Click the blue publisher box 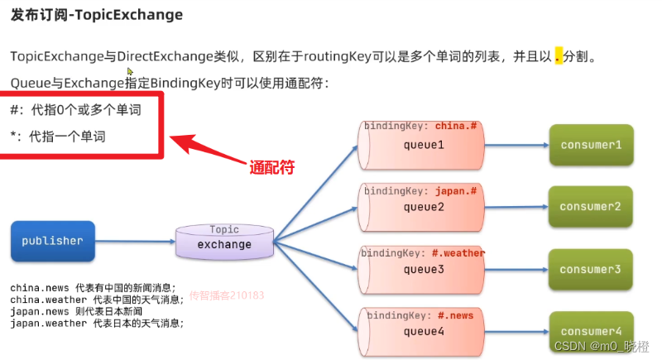pyautogui.click(x=52, y=241)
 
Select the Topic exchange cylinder pyautogui.click(x=224, y=243)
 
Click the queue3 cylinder pyautogui.click(x=424, y=269)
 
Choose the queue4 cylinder pyautogui.click(x=424, y=331)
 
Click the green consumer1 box pyautogui.click(x=590, y=145)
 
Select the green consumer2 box pyautogui.click(x=590, y=207)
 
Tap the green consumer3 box pyautogui.click(x=590, y=269)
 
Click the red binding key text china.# pyautogui.click(x=457, y=127)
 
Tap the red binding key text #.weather pyautogui.click(x=458, y=253)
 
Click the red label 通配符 pyautogui.click(x=272, y=167)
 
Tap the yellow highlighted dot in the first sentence pyautogui.click(x=559, y=57)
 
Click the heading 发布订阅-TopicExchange pyautogui.click(x=97, y=15)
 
